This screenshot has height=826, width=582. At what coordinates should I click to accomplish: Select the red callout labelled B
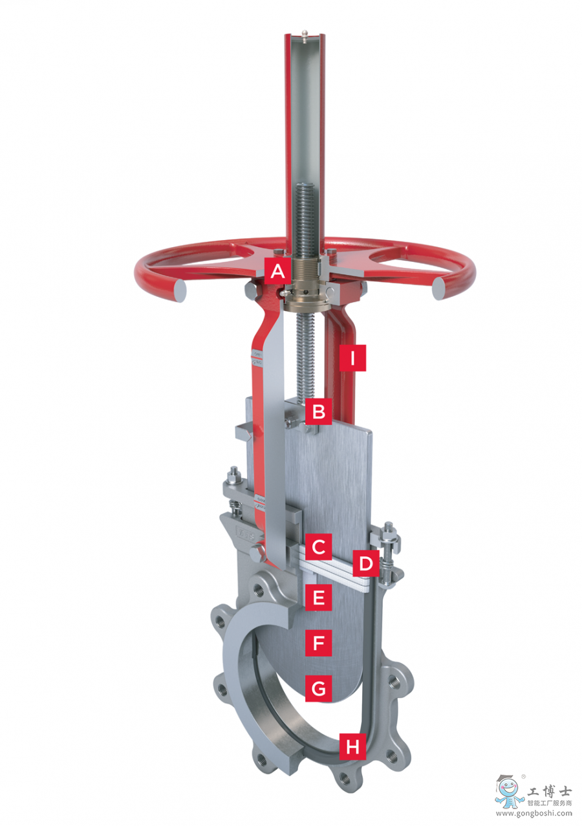(319, 410)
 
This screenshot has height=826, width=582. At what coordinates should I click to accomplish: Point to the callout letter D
(365, 563)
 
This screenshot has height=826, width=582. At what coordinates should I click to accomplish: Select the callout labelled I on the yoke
(352, 358)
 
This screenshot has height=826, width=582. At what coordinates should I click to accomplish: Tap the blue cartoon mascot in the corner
(509, 790)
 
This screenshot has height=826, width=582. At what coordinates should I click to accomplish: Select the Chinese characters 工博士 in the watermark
(549, 790)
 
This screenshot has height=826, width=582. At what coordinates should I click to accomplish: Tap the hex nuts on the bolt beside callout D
(389, 536)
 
